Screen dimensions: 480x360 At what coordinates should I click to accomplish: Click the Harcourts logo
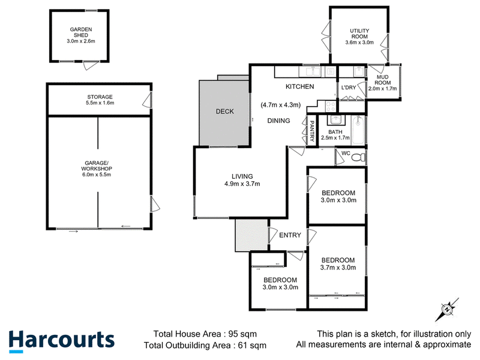pyautogui.click(x=62, y=341)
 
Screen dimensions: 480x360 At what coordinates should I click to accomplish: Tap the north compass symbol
pyautogui.click(x=447, y=310)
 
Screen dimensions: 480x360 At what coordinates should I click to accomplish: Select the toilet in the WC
pyautogui.click(x=358, y=157)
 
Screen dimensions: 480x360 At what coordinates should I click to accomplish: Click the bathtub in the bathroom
pyautogui.click(x=358, y=130)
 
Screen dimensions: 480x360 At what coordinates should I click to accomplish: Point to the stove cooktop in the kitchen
pyautogui.click(x=331, y=107)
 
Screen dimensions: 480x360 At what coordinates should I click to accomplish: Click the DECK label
pyautogui.click(x=224, y=112)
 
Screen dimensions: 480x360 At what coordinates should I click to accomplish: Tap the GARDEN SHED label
pyautogui.click(x=81, y=32)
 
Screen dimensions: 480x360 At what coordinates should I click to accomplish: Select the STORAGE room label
pyautogui.click(x=100, y=97)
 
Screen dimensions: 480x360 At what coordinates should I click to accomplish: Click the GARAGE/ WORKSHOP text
pyautogui.click(x=97, y=166)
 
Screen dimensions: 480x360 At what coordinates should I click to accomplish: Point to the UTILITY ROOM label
pyautogui.click(x=359, y=34)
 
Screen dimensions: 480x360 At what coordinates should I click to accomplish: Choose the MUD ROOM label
pyautogui.click(x=382, y=80)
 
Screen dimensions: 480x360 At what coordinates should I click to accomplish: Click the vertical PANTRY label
pyautogui.click(x=312, y=131)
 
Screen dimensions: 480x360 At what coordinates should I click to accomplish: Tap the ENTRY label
pyautogui.click(x=290, y=235)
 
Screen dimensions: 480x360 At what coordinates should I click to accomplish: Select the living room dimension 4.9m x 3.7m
pyautogui.click(x=242, y=184)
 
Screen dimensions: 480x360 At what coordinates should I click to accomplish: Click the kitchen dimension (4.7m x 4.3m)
pyautogui.click(x=280, y=104)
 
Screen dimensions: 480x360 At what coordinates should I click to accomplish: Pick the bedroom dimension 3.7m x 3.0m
pyautogui.click(x=338, y=268)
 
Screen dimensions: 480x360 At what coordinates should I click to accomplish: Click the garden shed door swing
pyautogui.click(x=91, y=65)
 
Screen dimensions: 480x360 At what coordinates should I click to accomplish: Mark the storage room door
pyautogui.click(x=147, y=100)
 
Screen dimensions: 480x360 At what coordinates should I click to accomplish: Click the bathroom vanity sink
pyautogui.click(x=336, y=120)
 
